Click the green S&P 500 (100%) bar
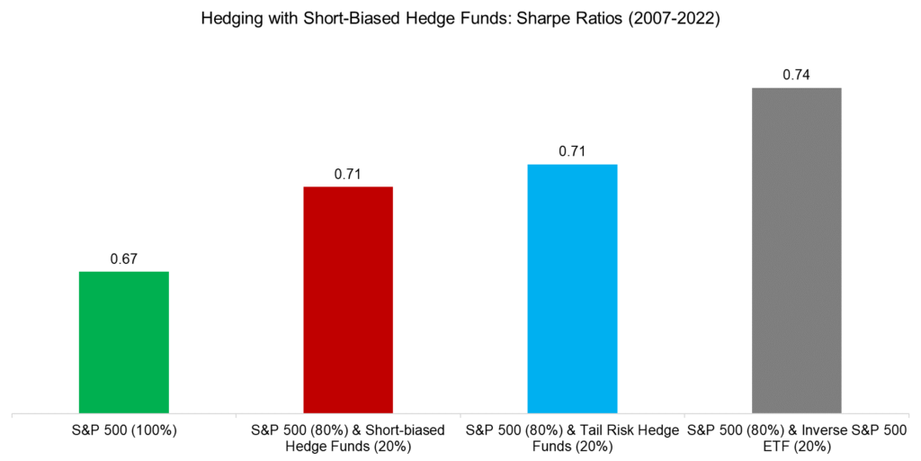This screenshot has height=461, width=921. pyautogui.click(x=124, y=342)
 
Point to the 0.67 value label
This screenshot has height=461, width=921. pyautogui.click(x=124, y=259)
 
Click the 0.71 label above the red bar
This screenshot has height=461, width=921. pyautogui.click(x=348, y=174)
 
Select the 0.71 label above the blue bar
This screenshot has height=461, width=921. pyautogui.click(x=572, y=151)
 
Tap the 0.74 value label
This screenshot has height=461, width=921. pyautogui.click(x=796, y=76)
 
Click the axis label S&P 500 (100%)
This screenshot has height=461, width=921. pyautogui.click(x=124, y=430)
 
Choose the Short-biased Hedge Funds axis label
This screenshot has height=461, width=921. pyautogui.click(x=348, y=438)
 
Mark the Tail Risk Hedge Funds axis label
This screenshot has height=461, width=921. pyautogui.click(x=572, y=438)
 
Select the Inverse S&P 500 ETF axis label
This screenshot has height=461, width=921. pyautogui.click(x=796, y=438)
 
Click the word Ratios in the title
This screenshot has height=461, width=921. pyautogui.click(x=593, y=21)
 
